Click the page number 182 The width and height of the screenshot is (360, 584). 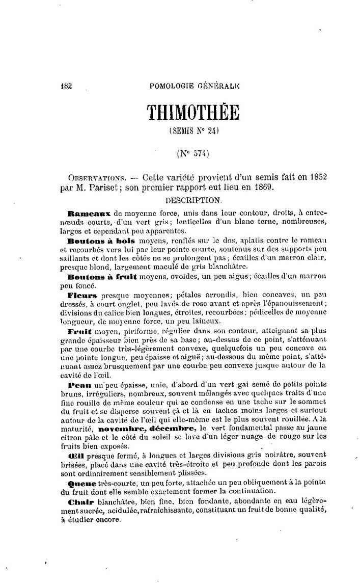(x=66, y=86)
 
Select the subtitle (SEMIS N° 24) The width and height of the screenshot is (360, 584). (x=193, y=130)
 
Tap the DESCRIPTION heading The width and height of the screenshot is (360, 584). (x=193, y=198)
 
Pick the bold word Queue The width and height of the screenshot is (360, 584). (x=80, y=483)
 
